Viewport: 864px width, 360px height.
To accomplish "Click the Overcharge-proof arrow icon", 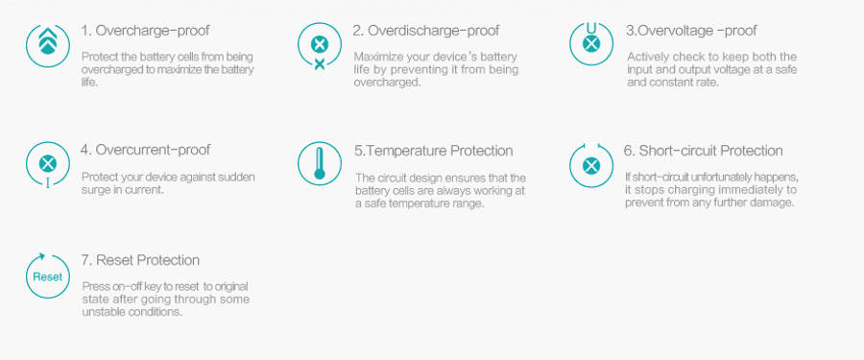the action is [48, 45].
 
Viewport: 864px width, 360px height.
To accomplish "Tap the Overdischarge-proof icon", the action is [320, 46].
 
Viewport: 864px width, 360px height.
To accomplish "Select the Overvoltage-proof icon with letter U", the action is [591, 44].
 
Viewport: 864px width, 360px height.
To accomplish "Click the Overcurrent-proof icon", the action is [48, 165].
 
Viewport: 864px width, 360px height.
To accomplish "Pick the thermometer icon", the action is [320, 164].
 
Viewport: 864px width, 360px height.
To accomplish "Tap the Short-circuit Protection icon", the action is [591, 165].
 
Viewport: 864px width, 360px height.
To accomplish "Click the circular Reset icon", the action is [48, 276].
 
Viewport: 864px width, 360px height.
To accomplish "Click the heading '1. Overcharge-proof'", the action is [146, 31].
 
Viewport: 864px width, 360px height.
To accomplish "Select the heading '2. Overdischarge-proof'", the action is [426, 31].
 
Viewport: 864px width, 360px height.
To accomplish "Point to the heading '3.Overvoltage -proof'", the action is [691, 31].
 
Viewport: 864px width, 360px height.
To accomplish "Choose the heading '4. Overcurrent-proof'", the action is [146, 150].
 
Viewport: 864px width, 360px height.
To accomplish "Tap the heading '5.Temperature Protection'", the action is [434, 151].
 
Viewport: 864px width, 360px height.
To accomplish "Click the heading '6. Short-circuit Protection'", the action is [703, 151].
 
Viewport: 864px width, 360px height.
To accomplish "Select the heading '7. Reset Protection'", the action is [140, 260].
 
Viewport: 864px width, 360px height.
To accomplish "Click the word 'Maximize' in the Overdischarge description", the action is [375, 58].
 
